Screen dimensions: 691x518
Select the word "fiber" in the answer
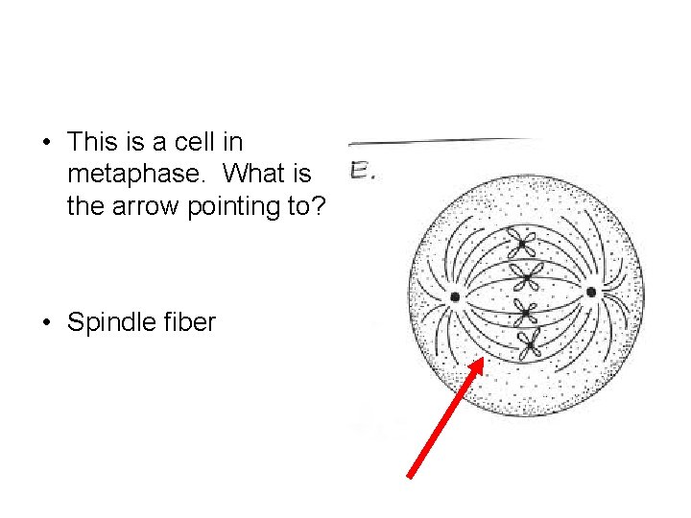[x=191, y=322]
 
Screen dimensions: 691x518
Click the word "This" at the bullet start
[x=92, y=143]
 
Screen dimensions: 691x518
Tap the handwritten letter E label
[x=362, y=173]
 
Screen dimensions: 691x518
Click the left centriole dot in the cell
[x=455, y=296]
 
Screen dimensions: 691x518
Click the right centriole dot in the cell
[x=591, y=292]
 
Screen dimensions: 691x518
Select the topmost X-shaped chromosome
[x=525, y=240]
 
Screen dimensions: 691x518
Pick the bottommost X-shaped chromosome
[x=527, y=342]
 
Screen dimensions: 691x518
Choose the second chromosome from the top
[x=525, y=277]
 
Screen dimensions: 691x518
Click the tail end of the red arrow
[x=410, y=476]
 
